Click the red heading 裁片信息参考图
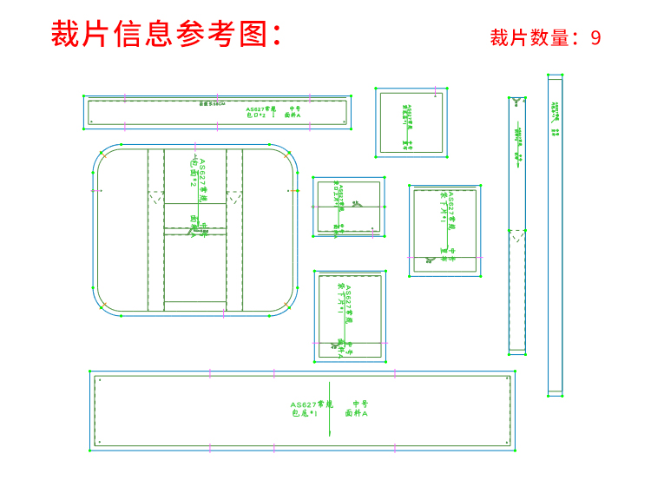click(166, 34)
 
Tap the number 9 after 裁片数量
click(595, 38)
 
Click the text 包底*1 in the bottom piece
click(304, 414)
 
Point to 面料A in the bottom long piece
click(357, 414)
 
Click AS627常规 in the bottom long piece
click(312, 404)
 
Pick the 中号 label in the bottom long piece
click(360, 404)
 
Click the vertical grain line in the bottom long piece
click(329, 408)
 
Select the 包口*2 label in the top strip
click(256, 115)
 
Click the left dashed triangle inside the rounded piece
click(156, 198)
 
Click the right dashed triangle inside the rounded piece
click(234, 198)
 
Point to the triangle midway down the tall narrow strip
click(517, 235)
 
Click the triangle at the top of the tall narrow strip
click(517, 102)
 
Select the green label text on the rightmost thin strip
click(556, 118)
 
